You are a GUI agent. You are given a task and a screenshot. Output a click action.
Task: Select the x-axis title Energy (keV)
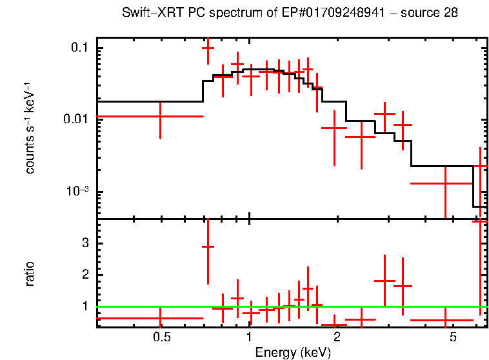[293, 352]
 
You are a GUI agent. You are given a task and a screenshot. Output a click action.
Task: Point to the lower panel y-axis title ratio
[30, 274]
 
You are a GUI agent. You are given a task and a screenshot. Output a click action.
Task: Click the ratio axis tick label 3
[84, 243]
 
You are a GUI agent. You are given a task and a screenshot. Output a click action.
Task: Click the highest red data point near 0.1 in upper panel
[208, 48]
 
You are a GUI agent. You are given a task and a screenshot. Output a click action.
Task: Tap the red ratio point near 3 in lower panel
[208, 246]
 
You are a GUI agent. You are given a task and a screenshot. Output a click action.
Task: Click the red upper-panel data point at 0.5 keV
[160, 116]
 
